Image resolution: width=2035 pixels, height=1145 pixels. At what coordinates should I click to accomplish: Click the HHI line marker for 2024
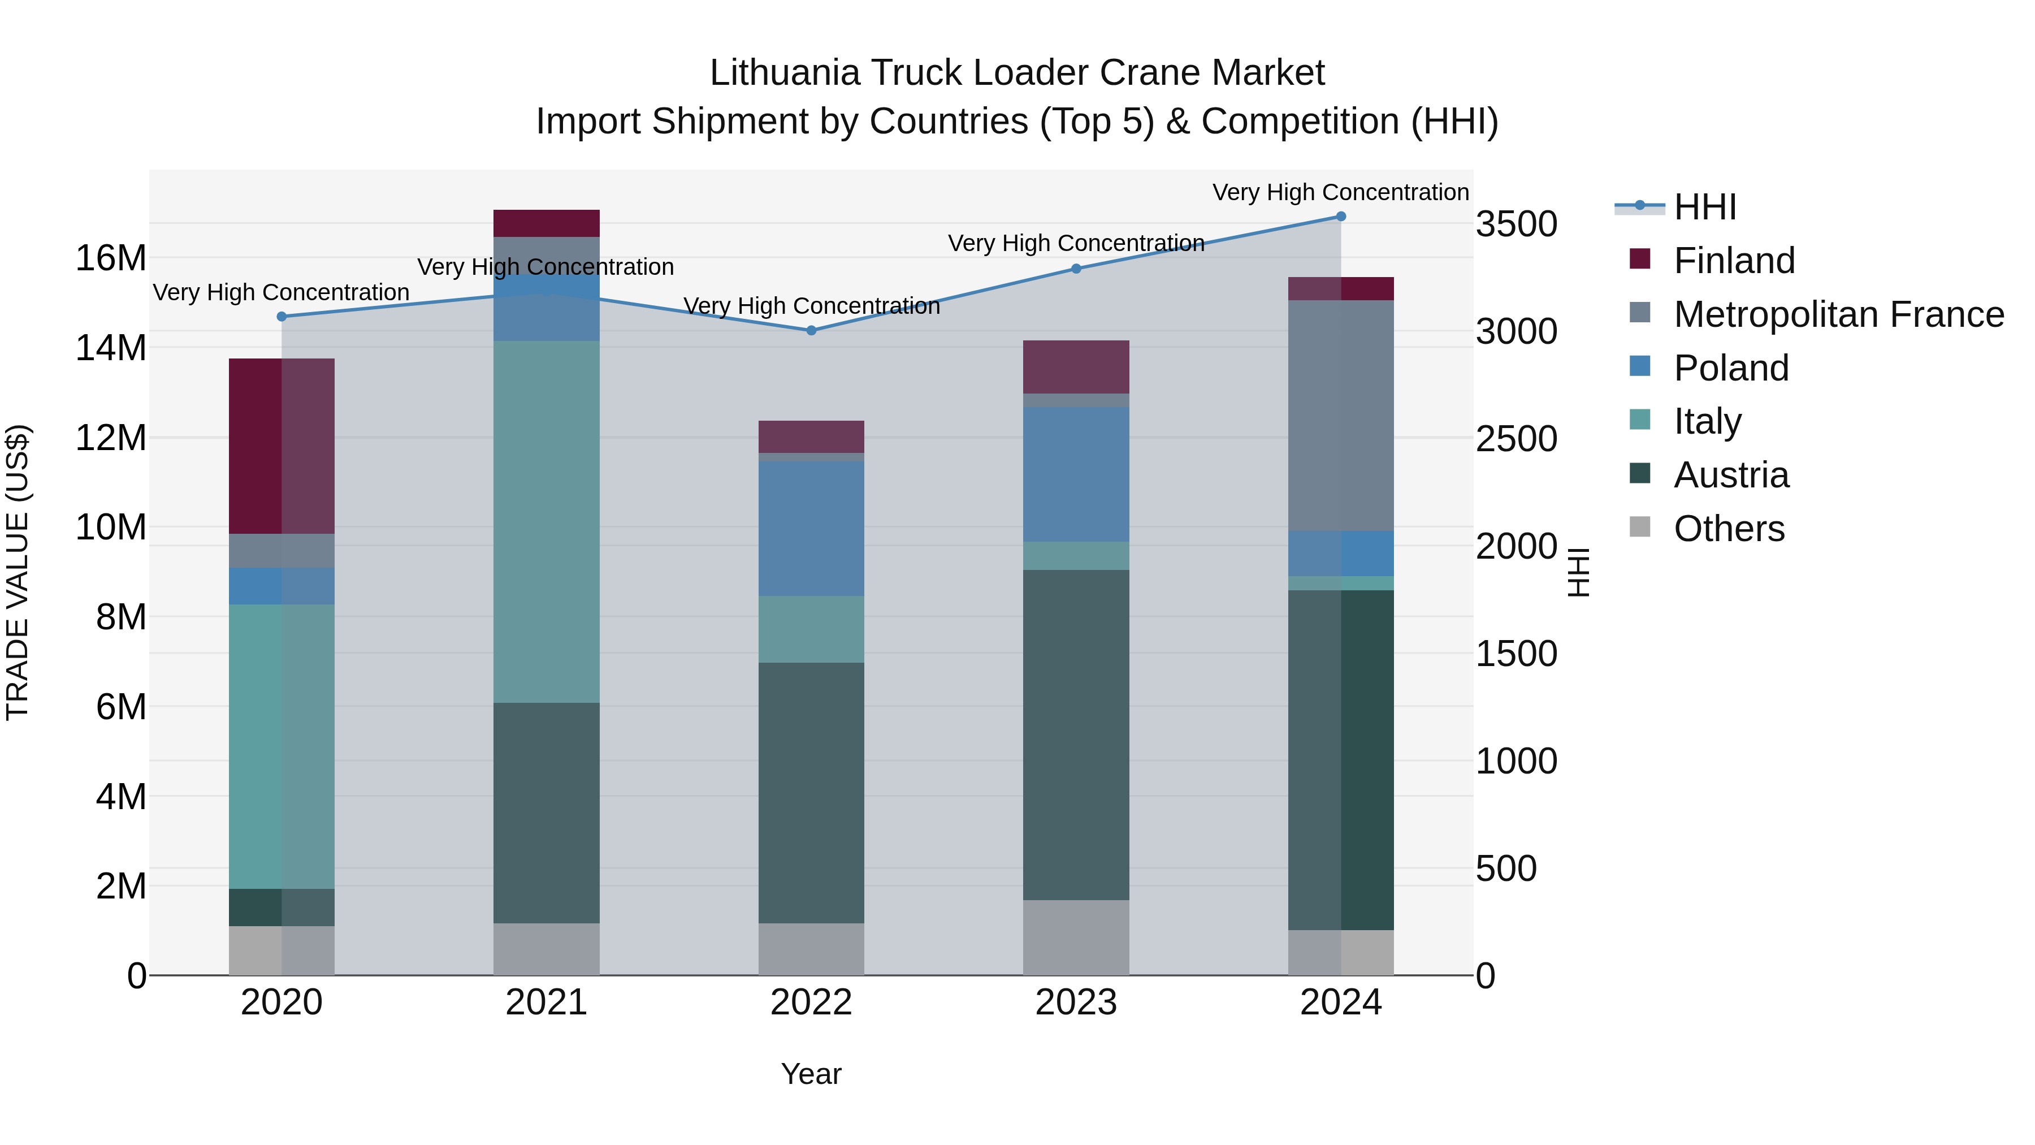tap(1341, 217)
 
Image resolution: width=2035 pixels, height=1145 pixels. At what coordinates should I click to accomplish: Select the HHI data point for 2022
tap(811, 330)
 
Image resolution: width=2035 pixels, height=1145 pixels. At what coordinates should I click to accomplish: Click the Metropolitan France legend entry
tap(1838, 314)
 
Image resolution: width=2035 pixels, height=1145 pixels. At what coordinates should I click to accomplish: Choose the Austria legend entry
tap(1730, 475)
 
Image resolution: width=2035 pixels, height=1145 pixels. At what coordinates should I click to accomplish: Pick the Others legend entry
tap(1729, 529)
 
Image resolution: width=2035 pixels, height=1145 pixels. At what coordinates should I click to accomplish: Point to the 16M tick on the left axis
tap(111, 258)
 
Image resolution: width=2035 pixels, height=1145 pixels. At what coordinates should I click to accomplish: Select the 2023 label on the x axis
tap(1076, 1003)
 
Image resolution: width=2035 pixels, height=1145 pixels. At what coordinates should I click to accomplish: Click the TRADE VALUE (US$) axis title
tap(18, 572)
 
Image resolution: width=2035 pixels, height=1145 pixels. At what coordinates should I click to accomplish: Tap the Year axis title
tap(811, 1074)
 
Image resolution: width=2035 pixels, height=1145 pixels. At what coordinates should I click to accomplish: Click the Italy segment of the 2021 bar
tap(547, 521)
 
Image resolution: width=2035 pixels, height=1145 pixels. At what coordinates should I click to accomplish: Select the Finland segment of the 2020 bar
tap(282, 447)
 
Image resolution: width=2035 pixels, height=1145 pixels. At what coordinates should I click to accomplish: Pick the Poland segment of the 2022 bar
tap(811, 529)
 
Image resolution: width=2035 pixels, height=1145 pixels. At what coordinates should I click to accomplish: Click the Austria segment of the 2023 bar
tap(1076, 735)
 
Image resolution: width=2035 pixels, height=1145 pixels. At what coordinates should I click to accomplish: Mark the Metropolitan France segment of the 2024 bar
tap(1341, 416)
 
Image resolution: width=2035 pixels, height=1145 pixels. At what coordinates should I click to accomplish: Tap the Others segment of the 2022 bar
tap(811, 949)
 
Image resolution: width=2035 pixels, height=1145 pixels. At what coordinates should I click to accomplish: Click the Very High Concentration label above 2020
tap(282, 292)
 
